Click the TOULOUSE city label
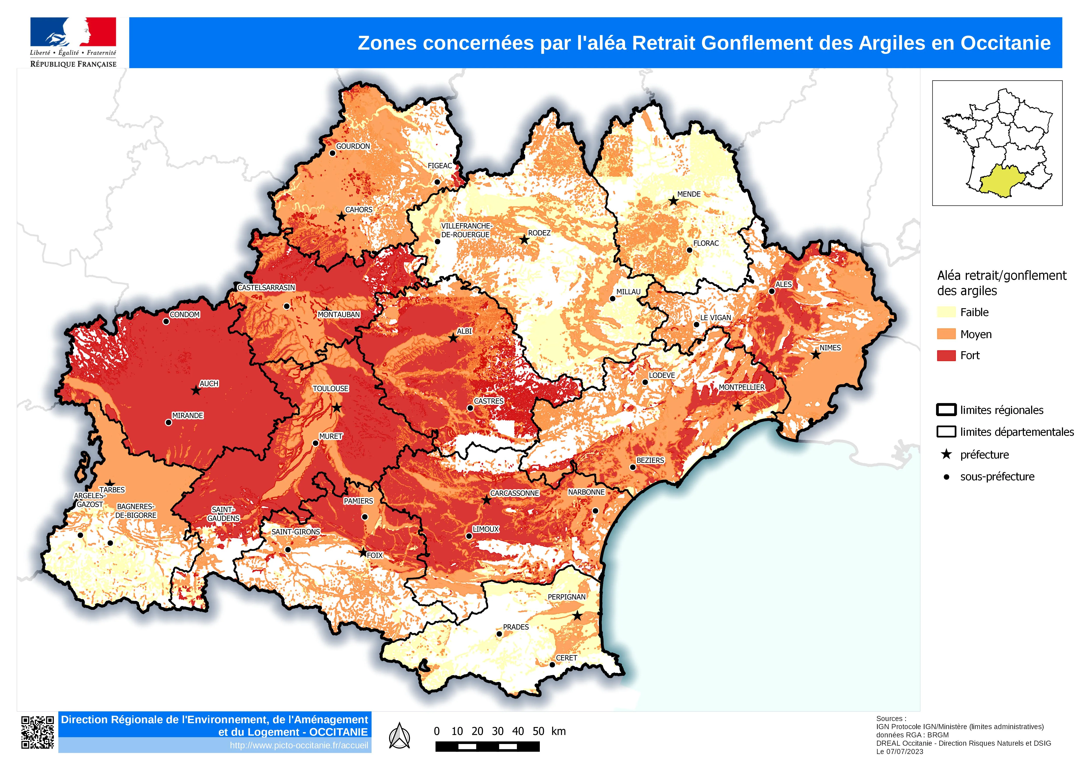[330, 388]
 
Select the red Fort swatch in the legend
[946, 355]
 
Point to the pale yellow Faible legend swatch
[946, 312]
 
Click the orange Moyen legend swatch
[946, 334]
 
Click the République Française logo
[73, 42]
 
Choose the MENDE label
[689, 194]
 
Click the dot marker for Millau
[612, 299]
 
